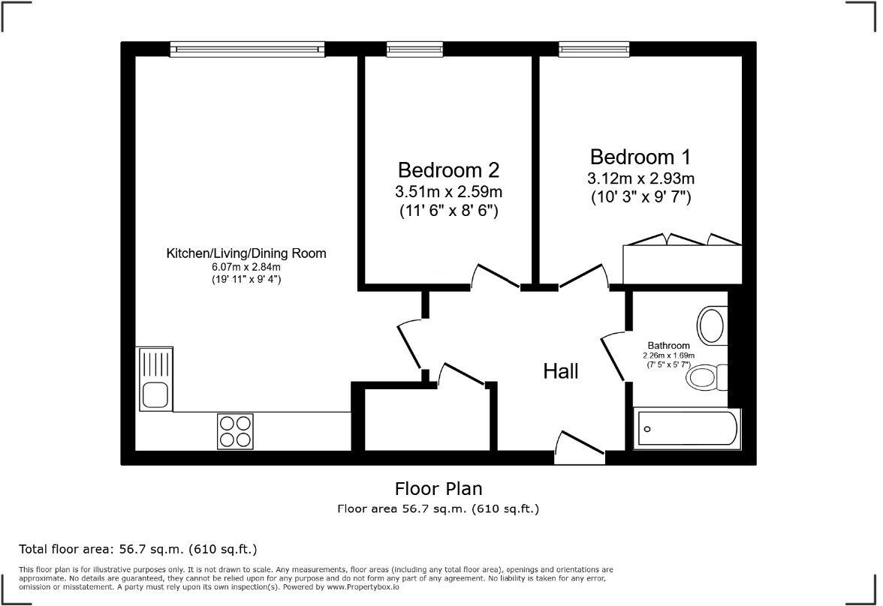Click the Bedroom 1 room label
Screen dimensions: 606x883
point(640,157)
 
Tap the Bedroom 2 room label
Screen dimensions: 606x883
point(448,169)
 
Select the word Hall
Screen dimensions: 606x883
point(562,370)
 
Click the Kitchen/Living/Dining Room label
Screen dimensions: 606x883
point(246,253)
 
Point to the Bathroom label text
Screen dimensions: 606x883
point(669,346)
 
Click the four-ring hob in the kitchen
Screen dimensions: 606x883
point(235,431)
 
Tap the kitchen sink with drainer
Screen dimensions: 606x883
point(155,378)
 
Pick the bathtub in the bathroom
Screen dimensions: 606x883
point(686,430)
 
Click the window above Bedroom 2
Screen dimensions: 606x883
point(414,49)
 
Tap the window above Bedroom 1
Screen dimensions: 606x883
point(593,49)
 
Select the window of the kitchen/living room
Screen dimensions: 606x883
point(247,49)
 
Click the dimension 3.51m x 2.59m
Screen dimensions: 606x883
point(449,191)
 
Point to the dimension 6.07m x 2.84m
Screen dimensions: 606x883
point(246,267)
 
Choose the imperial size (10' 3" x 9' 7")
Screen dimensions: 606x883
point(640,198)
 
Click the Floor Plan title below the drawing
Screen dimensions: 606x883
point(438,489)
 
